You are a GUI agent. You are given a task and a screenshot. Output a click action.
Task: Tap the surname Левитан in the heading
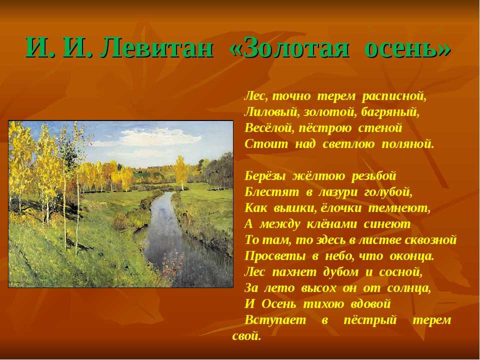156,48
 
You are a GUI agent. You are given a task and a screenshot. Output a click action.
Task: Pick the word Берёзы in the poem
265,176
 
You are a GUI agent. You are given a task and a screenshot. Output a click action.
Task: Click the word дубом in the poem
340,271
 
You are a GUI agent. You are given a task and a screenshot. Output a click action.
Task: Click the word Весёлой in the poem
267,128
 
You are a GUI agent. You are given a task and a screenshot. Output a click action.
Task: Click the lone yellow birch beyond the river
181,171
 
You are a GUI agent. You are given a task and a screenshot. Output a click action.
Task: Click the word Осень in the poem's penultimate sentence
278,303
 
